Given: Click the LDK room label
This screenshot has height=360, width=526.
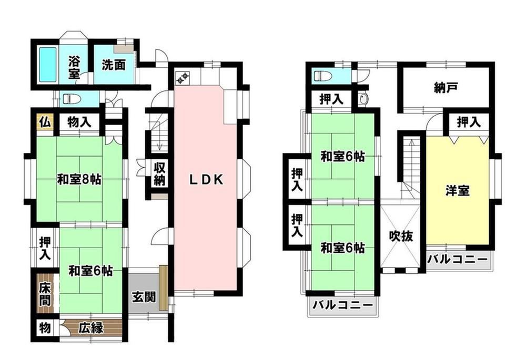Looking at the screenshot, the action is (x=206, y=180).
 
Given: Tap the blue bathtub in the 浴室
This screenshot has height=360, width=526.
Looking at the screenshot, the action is (x=48, y=64).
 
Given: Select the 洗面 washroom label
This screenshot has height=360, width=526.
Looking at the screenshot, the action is (x=114, y=65).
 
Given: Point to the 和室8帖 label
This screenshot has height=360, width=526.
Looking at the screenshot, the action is (x=79, y=180).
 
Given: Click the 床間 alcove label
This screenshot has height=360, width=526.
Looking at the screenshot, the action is (x=45, y=294).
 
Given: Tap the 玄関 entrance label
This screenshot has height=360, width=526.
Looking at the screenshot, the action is (x=144, y=296).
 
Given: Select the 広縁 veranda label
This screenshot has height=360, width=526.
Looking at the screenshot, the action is (x=90, y=328).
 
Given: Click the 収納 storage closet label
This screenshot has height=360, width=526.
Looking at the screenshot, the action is (x=160, y=174).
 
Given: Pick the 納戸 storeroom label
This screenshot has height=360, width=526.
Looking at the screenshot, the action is (x=446, y=88).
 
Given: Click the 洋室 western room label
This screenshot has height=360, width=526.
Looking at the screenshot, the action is (x=458, y=191).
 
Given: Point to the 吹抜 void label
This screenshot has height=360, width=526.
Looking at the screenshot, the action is (x=400, y=236).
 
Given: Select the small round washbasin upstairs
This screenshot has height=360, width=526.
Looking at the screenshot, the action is (x=363, y=99).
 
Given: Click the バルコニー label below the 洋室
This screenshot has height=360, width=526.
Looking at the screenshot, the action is (x=457, y=260).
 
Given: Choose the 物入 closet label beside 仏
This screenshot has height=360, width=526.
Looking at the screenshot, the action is (x=79, y=122).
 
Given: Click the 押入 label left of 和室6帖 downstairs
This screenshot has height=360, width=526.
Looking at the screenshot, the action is (x=45, y=248).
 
